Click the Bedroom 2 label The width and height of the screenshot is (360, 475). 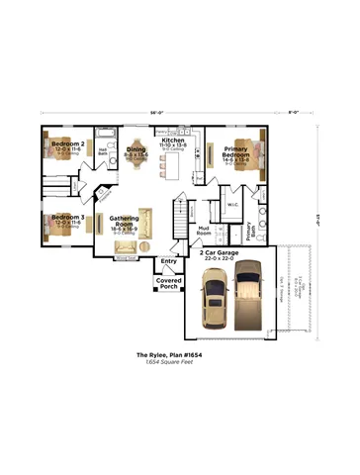tap(68, 143)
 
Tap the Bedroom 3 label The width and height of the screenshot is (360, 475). tap(68, 217)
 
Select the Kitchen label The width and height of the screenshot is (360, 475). tap(173, 142)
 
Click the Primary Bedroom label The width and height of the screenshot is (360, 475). tap(235, 151)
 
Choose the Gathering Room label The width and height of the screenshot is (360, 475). tap(124, 223)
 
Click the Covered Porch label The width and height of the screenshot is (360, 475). tap(168, 283)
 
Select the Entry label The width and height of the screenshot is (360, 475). tap(168, 261)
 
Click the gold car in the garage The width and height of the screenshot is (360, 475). tap(212, 301)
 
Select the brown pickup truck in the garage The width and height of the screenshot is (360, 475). tap(247, 298)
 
